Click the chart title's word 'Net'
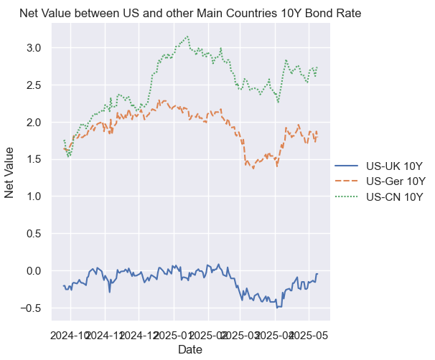tap(29, 13)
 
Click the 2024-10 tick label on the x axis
tap(70, 334)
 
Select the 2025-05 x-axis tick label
tap(309, 334)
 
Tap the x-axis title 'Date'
tap(190, 349)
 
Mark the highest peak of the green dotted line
tap(187, 36)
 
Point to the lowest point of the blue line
tap(277, 307)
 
